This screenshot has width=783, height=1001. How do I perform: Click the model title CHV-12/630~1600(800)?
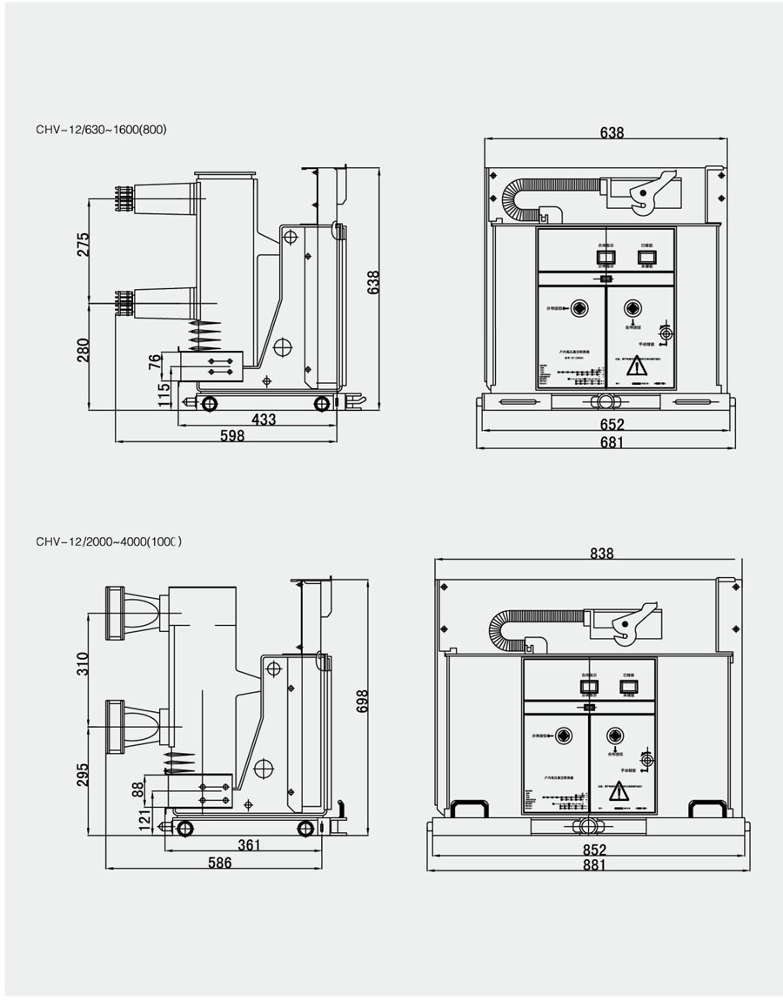[101, 130]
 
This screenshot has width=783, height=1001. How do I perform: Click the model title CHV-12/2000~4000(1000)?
[109, 541]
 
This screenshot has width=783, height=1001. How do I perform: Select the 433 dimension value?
[264, 420]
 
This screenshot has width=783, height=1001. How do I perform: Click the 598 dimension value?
[231, 436]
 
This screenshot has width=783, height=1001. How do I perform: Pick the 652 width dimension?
[612, 425]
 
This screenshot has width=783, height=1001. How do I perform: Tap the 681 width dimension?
[612, 442]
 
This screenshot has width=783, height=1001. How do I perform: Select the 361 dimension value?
[250, 845]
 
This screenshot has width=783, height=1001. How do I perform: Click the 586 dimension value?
[219, 863]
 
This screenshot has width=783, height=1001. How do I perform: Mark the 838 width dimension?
[601, 554]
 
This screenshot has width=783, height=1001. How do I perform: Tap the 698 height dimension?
[363, 702]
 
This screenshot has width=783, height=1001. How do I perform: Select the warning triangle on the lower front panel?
[619, 794]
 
